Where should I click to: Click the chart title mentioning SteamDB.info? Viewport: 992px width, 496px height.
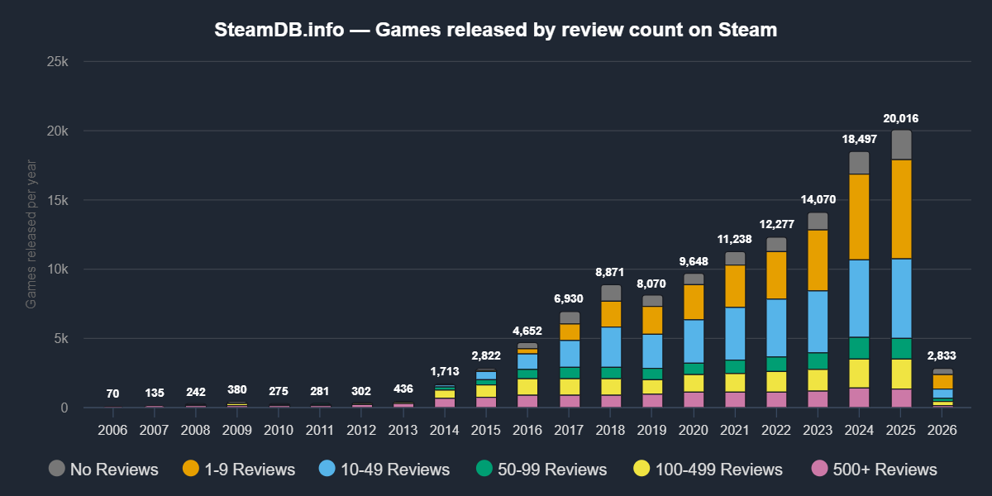(496, 30)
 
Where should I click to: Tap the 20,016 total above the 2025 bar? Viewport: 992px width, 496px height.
(900, 118)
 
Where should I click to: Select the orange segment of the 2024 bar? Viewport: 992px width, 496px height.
(859, 217)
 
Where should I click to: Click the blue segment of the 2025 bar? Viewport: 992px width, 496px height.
(901, 298)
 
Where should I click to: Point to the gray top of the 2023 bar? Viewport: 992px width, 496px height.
(818, 221)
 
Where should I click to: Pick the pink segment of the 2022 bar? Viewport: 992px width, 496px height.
(776, 399)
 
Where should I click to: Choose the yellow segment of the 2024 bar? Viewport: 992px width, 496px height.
(859, 373)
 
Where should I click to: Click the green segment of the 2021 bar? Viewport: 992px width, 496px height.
(735, 366)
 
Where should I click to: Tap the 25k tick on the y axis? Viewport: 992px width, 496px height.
(59, 62)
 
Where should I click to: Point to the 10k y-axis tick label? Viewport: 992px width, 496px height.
(59, 269)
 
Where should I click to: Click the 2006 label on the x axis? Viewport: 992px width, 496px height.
(112, 431)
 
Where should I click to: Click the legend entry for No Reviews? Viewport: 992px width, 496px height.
(103, 470)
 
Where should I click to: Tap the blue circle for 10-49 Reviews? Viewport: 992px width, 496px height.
(327, 469)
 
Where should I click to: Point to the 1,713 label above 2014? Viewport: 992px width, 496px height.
(445, 372)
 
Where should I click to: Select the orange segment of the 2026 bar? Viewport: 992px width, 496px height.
(942, 381)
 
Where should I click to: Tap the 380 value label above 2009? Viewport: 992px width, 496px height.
(237, 390)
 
